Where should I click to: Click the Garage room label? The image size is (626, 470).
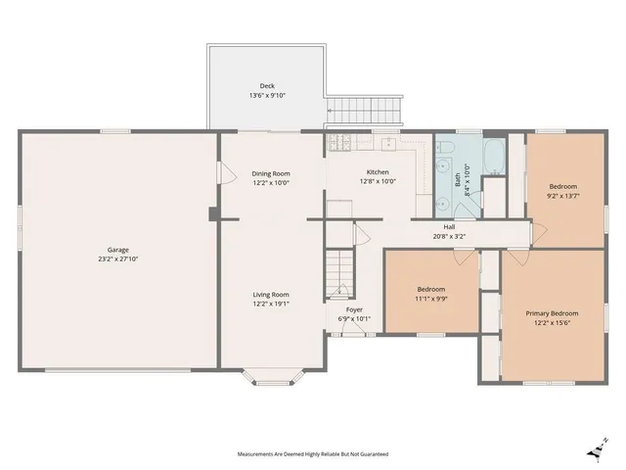(118, 250)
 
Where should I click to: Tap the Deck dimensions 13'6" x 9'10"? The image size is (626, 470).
(267, 96)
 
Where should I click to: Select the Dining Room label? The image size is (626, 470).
(271, 174)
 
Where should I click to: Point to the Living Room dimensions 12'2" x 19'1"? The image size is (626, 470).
(271, 304)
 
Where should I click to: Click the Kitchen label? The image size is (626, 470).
(378, 172)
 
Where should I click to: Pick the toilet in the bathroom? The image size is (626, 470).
(444, 148)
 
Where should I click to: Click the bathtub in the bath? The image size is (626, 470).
(495, 157)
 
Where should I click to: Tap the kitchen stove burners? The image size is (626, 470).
(339, 142)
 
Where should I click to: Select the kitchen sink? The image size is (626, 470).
(388, 144)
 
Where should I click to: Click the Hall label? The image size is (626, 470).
(449, 227)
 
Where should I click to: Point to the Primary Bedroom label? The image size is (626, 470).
(552, 313)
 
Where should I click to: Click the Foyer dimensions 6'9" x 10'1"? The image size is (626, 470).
(354, 319)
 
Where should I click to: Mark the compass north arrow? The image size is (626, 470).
(598, 450)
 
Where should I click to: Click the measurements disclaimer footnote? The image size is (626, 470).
(313, 454)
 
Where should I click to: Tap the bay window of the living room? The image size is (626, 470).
(274, 377)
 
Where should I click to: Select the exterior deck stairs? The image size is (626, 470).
(364, 110)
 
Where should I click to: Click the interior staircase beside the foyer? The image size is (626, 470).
(339, 274)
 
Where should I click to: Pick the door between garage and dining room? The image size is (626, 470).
(227, 172)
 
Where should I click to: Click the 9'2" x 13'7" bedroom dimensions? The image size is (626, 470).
(563, 196)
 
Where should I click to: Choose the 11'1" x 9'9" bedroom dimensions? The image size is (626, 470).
(431, 299)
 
